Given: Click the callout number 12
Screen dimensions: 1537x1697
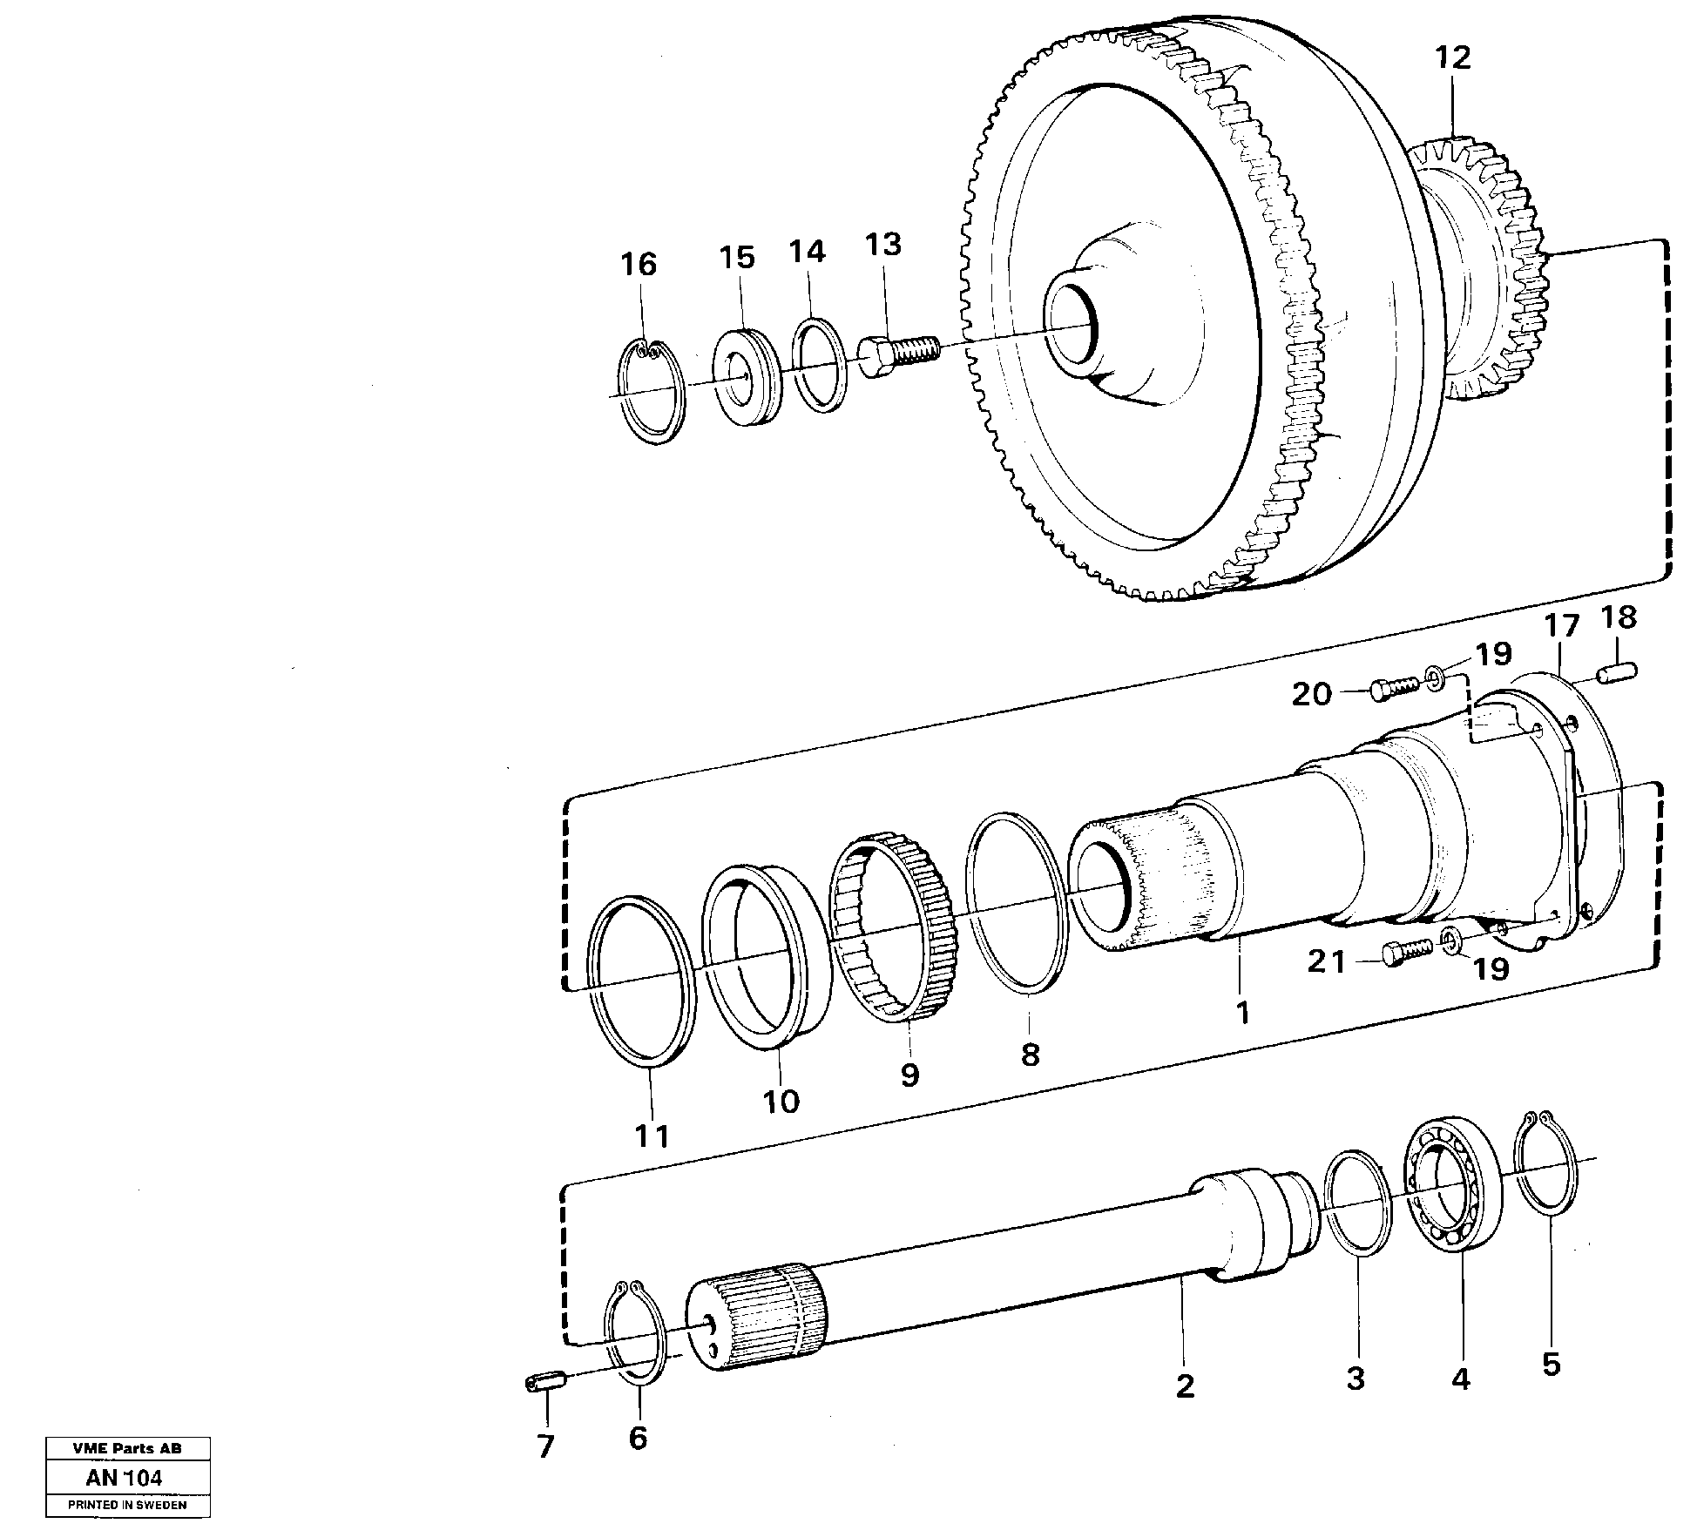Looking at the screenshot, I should [x=1452, y=57].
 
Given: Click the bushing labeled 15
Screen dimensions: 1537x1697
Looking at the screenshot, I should [x=747, y=376].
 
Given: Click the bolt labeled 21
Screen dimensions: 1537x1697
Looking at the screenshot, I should [x=1405, y=952].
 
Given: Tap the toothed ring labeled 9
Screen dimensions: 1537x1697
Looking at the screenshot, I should [x=893, y=927].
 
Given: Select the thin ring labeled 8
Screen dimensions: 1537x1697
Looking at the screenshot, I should [x=1017, y=903].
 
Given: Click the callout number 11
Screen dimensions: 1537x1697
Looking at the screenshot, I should [x=652, y=1136].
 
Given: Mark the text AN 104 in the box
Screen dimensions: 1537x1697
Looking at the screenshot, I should [x=125, y=1478].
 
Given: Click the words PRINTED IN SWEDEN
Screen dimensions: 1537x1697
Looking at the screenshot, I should [x=127, y=1505].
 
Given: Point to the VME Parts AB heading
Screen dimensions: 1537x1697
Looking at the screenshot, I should [x=127, y=1449].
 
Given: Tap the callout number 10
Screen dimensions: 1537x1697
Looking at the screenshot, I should [x=781, y=1101].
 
